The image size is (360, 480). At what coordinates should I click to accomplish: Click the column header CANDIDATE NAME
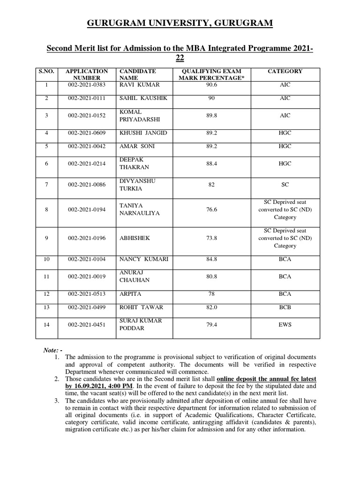(x=137, y=75)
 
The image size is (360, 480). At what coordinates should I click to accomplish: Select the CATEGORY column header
(x=285, y=71)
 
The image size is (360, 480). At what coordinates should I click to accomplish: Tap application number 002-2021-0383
(x=87, y=85)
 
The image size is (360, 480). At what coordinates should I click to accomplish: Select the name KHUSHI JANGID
(x=143, y=133)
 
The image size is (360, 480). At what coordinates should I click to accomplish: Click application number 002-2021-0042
(x=87, y=146)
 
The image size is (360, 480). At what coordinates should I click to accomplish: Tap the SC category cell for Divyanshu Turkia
(x=285, y=185)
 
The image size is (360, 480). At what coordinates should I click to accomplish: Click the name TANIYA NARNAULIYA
(x=140, y=210)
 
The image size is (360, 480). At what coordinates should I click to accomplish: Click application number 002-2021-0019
(x=87, y=277)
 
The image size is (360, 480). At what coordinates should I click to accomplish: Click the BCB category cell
(x=285, y=307)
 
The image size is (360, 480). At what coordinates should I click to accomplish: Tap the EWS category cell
(x=285, y=324)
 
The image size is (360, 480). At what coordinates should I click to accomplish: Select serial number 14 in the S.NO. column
(x=46, y=324)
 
